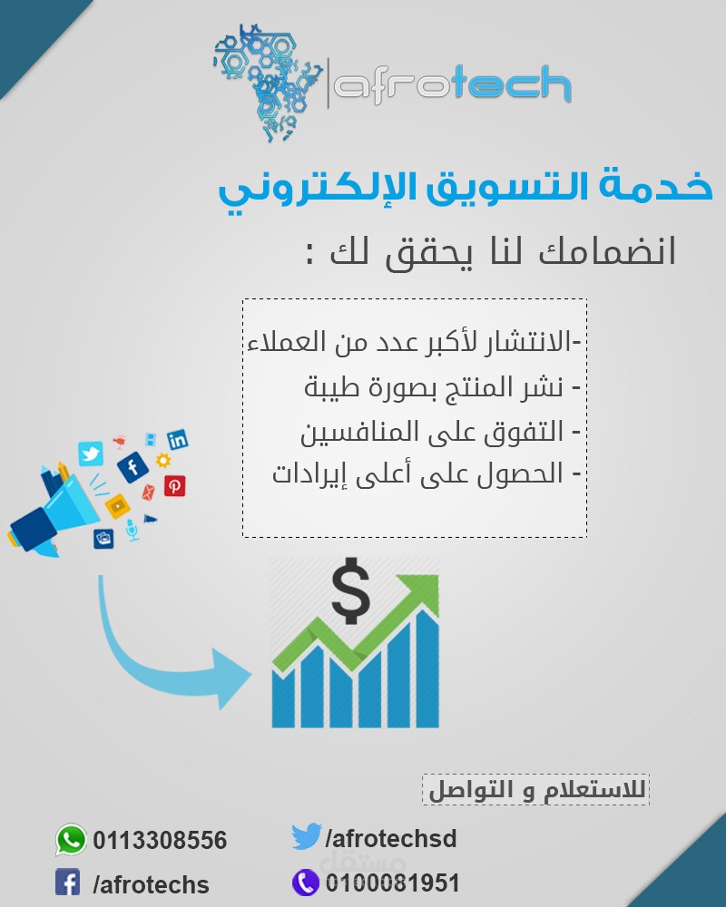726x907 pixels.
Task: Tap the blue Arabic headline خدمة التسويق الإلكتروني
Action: click(466, 189)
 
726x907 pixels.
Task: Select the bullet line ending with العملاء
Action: click(415, 341)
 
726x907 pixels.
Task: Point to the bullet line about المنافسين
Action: click(440, 433)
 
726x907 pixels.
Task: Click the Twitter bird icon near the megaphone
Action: click(91, 454)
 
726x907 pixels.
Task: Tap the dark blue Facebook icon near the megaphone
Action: click(133, 467)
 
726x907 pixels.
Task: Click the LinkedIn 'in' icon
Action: click(178, 440)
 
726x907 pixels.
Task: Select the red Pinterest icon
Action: click(175, 486)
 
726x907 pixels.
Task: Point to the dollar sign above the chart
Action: click(351, 590)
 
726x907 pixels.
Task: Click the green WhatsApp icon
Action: click(71, 839)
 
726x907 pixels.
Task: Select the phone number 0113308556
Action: click(160, 841)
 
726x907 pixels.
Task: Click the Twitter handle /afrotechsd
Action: click(391, 839)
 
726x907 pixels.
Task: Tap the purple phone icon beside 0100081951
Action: click(305, 883)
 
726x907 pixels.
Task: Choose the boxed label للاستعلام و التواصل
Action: click(536, 790)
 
